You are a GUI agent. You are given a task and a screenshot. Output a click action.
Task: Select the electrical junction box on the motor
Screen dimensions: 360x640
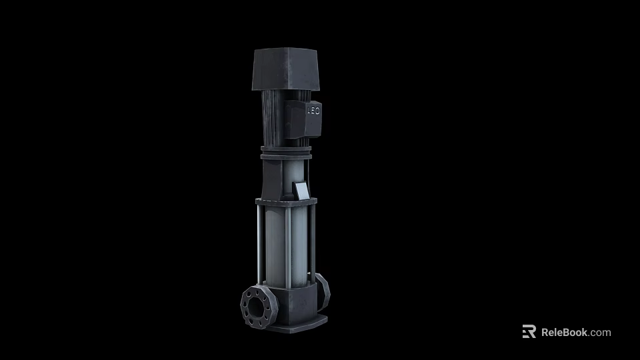tap(304, 117)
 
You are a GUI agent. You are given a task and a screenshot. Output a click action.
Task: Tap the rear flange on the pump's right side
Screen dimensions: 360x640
tap(322, 288)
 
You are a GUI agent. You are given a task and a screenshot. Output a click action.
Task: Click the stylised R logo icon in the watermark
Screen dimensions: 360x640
tap(529, 332)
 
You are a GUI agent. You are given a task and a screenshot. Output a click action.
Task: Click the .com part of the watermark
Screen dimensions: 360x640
tap(600, 332)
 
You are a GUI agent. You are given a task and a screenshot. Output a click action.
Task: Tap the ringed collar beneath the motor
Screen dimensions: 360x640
tap(285, 154)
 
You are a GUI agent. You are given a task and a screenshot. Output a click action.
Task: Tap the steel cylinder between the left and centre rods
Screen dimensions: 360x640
tap(273, 247)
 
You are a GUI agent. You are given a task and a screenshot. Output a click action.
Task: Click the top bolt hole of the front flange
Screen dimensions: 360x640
tap(253, 293)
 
